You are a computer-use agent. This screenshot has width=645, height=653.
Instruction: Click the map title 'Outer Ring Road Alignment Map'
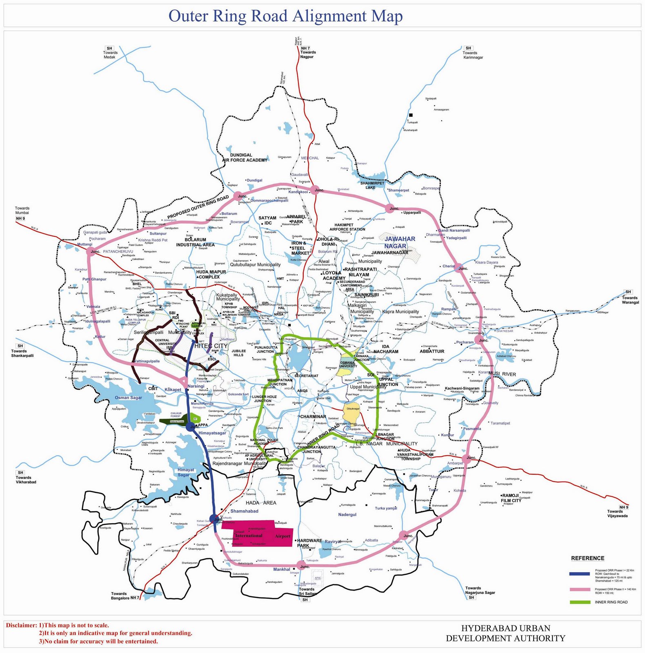coord(285,16)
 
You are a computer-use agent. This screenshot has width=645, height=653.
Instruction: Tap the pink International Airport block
coord(257,533)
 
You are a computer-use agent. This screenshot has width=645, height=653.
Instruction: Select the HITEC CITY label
coord(211,346)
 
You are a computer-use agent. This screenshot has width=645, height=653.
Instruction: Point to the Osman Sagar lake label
coord(128,398)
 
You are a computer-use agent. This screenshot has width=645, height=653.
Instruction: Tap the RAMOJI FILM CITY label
coord(511,498)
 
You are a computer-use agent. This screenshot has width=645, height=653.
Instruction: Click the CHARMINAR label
coord(313,417)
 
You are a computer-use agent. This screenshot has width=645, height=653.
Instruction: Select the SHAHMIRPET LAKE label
coord(372,185)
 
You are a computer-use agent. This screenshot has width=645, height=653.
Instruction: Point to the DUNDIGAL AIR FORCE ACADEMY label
coord(245,158)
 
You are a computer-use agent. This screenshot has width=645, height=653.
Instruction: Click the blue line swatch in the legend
coord(579,573)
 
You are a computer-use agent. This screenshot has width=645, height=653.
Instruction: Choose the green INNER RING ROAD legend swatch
coord(579,602)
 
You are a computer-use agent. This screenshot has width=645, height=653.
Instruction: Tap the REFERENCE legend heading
coord(587,558)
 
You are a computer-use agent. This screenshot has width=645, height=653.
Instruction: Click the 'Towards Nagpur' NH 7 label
coord(308,53)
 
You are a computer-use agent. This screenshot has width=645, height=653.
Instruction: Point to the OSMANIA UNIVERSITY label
coord(347,364)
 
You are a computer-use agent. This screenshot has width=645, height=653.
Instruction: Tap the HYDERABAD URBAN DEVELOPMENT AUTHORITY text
coord(505,633)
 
